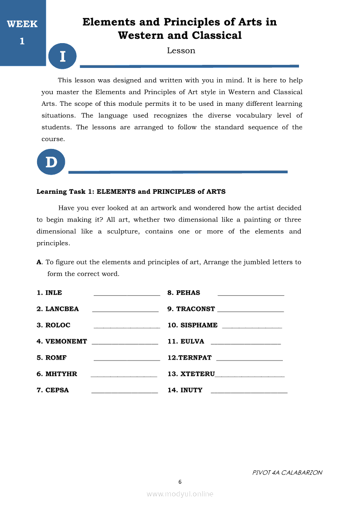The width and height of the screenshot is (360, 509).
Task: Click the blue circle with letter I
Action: [x=62, y=56]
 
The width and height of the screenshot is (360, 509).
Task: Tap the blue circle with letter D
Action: [x=51, y=162]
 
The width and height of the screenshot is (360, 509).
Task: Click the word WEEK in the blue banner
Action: [x=22, y=24]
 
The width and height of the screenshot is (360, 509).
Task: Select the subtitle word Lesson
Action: [x=181, y=51]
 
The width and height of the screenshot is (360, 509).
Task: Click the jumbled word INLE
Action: [x=54, y=293]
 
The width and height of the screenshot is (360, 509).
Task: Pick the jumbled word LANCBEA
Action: [x=62, y=309]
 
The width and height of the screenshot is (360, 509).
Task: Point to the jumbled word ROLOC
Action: [x=58, y=325]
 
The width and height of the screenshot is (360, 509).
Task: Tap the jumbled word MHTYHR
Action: [x=61, y=374]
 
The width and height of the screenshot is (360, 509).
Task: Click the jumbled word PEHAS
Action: [x=188, y=293]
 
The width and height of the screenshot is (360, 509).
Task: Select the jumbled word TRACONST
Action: [x=196, y=309]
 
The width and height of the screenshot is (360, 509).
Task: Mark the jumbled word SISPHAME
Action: [x=199, y=325]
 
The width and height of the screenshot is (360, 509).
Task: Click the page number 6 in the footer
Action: [x=180, y=482]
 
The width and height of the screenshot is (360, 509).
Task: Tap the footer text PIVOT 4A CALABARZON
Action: [x=287, y=472]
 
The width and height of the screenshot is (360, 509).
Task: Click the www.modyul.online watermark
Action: [x=180, y=494]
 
